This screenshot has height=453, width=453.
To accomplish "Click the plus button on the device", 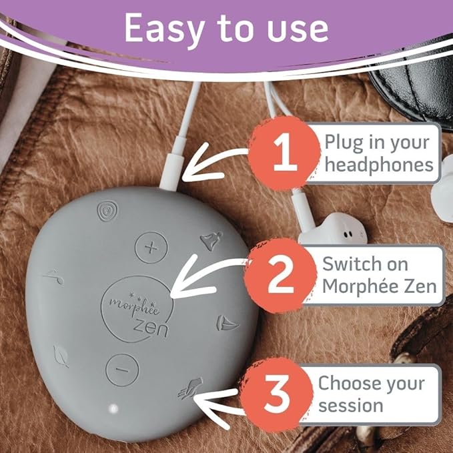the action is point(151,248).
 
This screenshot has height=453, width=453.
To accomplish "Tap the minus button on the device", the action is point(122,370).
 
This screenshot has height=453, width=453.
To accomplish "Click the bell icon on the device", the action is point(211,240).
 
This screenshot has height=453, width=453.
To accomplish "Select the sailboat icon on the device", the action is point(227,324).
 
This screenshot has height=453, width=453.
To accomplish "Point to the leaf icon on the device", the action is point(61,356).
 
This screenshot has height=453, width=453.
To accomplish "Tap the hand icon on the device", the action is point(189,388).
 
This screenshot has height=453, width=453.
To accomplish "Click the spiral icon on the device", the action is point(107,211).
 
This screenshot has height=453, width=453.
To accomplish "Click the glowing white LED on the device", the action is point(113,408).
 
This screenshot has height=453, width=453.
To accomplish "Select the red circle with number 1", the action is point(285,153).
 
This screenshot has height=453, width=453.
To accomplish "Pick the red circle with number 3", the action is point(277,394).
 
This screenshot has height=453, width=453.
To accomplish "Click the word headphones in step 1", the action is point(379,165).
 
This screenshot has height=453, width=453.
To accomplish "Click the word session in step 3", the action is point(350,406).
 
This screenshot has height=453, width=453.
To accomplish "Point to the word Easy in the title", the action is point(163,29).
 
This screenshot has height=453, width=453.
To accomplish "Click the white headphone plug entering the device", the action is point(173,164).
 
